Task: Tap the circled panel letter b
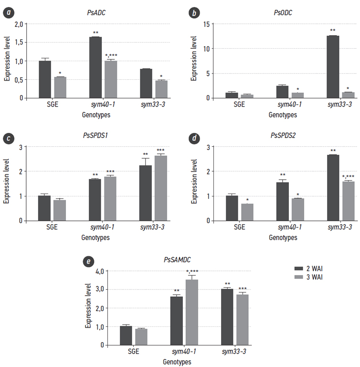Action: click(194, 13)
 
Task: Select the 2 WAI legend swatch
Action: click(299, 269)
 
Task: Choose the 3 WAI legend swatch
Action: click(299, 278)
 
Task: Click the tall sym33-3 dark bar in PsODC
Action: click(332, 67)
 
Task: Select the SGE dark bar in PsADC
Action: click(45, 79)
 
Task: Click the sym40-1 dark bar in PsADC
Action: click(95, 67)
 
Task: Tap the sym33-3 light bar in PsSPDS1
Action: click(161, 188)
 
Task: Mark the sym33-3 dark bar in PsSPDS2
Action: click(332, 188)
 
